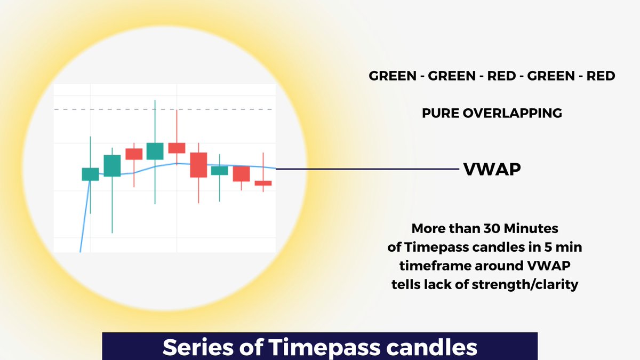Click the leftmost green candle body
click(90, 174)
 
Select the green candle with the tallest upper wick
click(155, 151)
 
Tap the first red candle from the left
click(134, 154)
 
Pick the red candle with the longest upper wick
click(177, 148)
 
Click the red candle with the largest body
click(198, 165)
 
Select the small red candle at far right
click(263, 183)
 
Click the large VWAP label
click(492, 170)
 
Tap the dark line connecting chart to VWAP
click(368, 169)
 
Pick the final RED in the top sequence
click(601, 76)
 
